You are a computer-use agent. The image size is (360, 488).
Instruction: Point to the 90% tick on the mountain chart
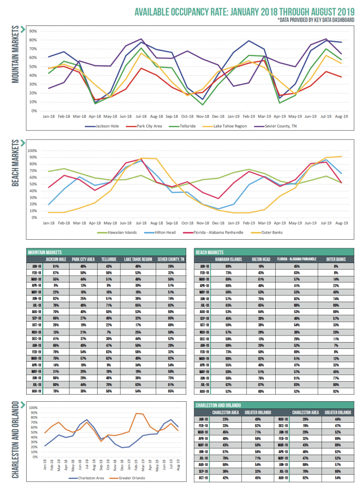pos(33,31)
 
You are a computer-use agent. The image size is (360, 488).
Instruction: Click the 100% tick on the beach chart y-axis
pos(32,151)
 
